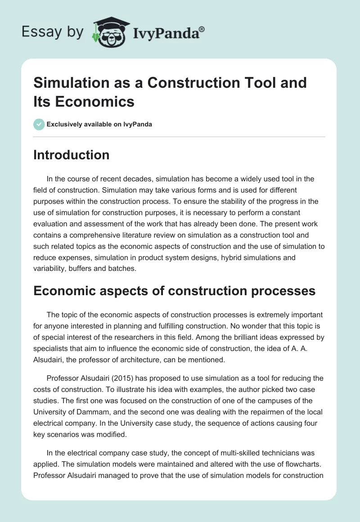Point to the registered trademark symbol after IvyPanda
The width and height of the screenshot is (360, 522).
pyautogui.click(x=202, y=29)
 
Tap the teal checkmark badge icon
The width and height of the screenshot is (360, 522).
pyautogui.click(x=39, y=124)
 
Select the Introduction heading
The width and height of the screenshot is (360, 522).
pyautogui.click(x=72, y=155)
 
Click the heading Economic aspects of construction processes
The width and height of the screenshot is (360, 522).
pyautogui.click(x=175, y=291)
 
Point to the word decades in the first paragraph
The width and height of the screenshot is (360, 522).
pyautogui.click(x=135, y=179)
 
